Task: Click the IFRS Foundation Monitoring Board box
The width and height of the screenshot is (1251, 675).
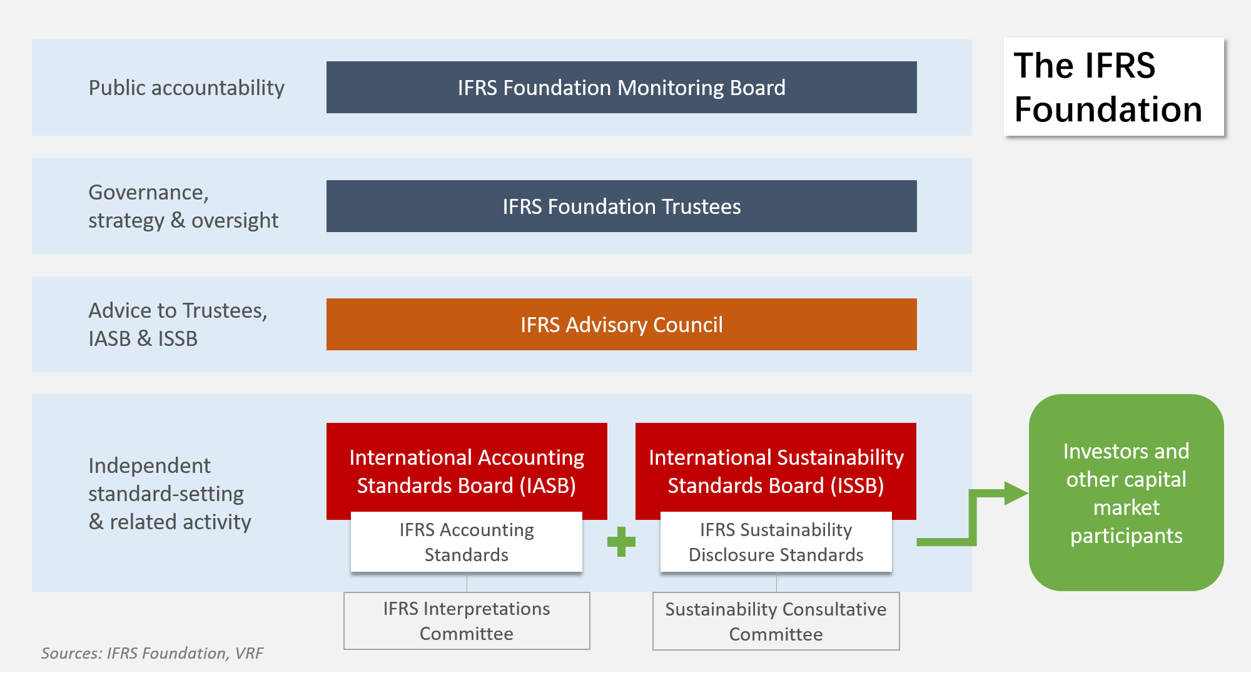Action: click(621, 87)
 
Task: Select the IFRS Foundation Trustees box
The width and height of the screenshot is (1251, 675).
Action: click(621, 206)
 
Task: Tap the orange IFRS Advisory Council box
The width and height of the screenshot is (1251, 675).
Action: click(621, 324)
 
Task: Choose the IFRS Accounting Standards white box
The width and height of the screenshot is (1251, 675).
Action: click(467, 542)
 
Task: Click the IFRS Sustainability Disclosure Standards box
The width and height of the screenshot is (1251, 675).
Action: click(776, 542)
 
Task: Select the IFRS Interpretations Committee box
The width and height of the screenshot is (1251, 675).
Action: click(467, 621)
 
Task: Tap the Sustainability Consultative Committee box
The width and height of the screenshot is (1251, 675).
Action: click(776, 621)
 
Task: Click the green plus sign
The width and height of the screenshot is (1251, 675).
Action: click(621, 542)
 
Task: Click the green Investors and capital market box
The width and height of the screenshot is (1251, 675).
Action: click(1126, 493)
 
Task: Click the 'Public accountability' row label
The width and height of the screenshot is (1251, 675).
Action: click(186, 88)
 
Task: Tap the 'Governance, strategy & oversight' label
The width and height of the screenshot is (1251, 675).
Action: click(183, 206)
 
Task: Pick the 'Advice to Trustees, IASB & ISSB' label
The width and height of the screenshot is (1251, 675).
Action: click(178, 324)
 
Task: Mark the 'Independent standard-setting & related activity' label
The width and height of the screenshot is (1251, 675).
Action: click(170, 494)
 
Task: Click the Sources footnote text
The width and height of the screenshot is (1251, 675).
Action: click(152, 653)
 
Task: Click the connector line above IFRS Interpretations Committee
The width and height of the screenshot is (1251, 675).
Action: click(467, 582)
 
